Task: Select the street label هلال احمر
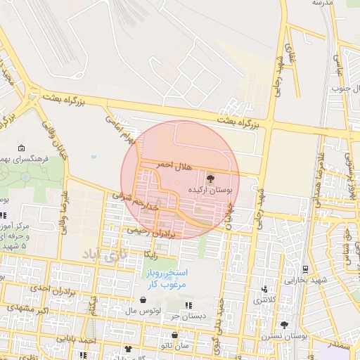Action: coord(173,164)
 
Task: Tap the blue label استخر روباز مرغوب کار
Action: coord(165,278)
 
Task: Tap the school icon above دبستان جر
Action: coord(188,304)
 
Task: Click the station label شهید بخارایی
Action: coord(306,279)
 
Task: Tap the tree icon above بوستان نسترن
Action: coord(284,325)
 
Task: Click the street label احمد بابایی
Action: coord(96,340)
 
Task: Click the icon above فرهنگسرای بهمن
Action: coord(22,148)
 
